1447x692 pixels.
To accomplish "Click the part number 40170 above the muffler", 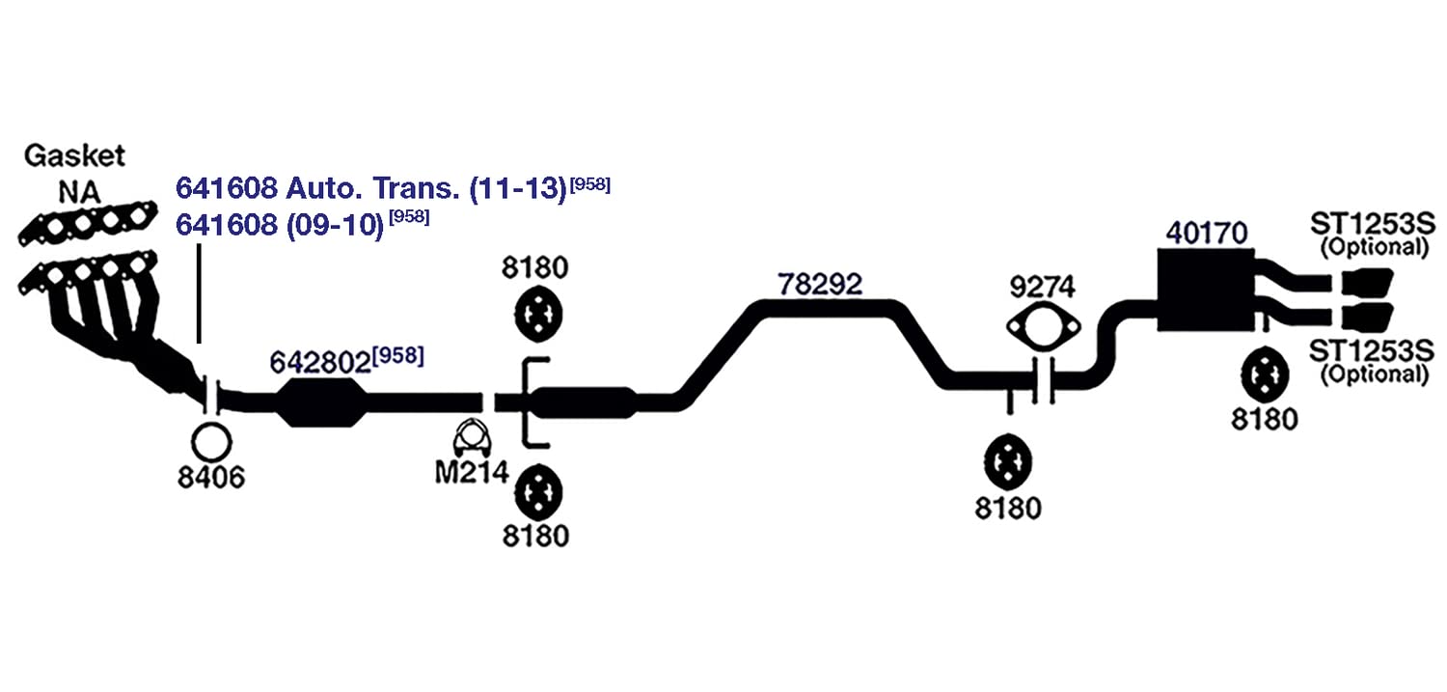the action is (x=1207, y=234).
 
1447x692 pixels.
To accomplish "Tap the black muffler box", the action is (x=1206, y=291).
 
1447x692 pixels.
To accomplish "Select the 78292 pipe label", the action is (x=820, y=285).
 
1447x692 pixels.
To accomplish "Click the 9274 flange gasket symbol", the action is (x=1043, y=327).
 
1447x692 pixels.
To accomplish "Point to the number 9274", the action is (x=1043, y=287).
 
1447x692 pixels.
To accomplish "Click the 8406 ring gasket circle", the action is (x=211, y=443).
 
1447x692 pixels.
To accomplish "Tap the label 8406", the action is (x=211, y=478).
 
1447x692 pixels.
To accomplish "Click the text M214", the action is (x=473, y=473).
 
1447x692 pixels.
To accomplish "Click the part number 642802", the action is (x=320, y=363).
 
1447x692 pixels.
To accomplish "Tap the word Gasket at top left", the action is (x=74, y=155).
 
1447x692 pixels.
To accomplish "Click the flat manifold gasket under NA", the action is (x=87, y=223).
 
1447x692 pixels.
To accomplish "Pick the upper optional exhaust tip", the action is (x=1367, y=283).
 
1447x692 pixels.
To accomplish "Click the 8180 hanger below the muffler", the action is (x=1265, y=374).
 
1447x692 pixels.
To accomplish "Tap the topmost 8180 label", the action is (x=534, y=267).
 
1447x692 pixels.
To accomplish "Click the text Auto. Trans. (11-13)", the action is (x=426, y=188).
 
